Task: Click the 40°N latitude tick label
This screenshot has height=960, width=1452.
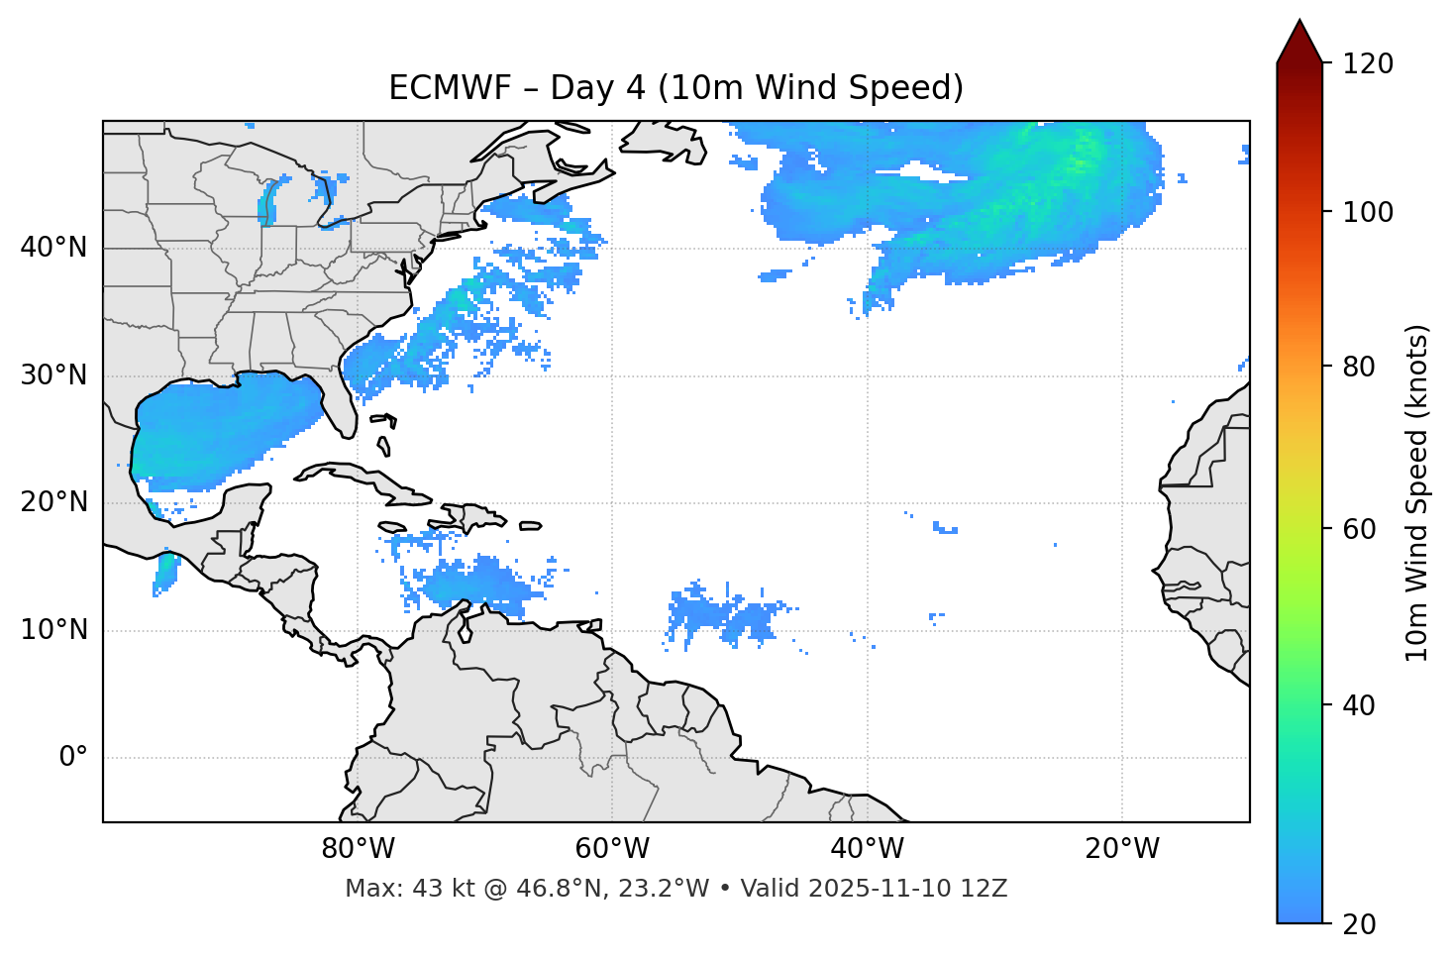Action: [53, 248]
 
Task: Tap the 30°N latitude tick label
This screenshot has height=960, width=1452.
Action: [53, 375]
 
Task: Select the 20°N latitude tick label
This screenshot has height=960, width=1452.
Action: [53, 502]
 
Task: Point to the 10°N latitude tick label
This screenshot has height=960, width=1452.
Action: [53, 630]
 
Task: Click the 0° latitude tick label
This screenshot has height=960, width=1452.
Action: [73, 758]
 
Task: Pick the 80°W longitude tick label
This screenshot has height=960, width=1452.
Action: [358, 849]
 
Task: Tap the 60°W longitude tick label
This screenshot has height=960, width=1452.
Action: [612, 849]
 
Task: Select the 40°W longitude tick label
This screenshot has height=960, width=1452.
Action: [868, 849]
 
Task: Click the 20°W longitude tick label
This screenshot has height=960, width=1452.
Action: [1122, 849]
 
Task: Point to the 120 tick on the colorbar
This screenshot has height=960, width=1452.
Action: [1368, 64]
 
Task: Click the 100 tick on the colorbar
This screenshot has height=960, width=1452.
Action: [1368, 212]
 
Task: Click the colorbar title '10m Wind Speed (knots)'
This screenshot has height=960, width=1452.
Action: [1417, 493]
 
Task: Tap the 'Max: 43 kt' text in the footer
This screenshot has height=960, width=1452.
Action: [391, 889]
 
